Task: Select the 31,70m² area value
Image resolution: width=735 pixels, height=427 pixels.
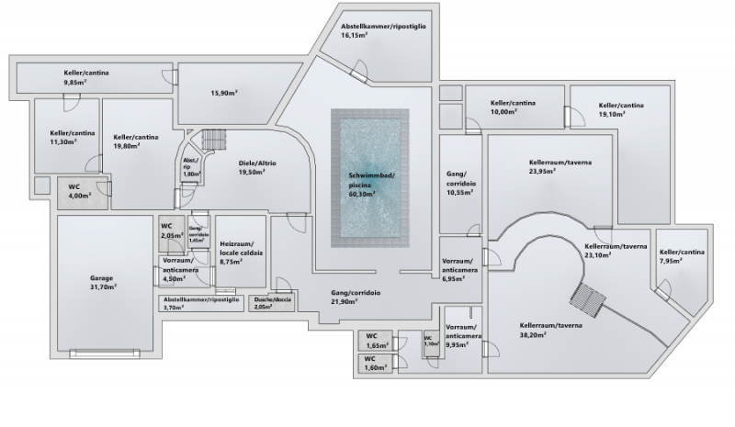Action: (101, 287)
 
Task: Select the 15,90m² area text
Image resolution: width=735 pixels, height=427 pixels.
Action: (224, 92)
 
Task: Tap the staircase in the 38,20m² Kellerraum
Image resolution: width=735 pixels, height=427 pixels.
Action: (587, 298)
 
